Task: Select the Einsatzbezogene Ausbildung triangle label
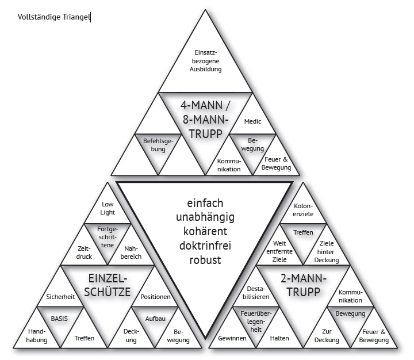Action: [x=205, y=60]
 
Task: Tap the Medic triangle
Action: [x=252, y=121]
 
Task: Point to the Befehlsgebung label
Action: [x=154, y=144]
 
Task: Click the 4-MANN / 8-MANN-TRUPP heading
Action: [x=205, y=119]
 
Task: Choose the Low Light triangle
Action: [x=108, y=208]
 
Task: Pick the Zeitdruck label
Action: [x=84, y=252]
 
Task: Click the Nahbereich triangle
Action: [x=132, y=252]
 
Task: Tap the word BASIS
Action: [x=60, y=317]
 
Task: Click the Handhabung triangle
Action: [x=37, y=335]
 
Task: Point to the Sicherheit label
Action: [x=60, y=297]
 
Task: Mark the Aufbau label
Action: [x=156, y=317]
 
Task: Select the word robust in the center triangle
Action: [x=205, y=261]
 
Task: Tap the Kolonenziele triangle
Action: [x=303, y=210]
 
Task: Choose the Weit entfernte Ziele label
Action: [x=279, y=251]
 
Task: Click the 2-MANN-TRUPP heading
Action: [x=303, y=285]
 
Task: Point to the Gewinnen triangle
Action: [x=232, y=338]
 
